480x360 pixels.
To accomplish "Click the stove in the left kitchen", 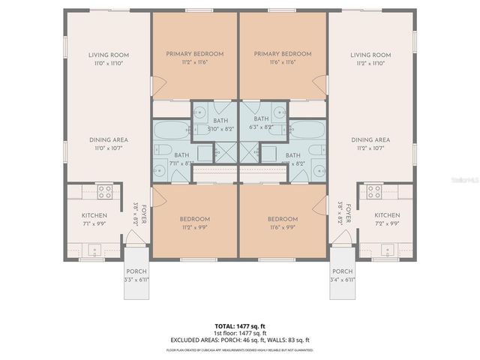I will [104, 192].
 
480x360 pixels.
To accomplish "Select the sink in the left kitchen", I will [94, 250].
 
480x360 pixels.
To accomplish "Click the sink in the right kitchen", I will [386, 250].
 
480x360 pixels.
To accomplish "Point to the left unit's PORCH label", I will [136, 271].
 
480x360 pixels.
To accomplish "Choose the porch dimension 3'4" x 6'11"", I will [343, 280].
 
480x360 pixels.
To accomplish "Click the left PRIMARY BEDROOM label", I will [194, 54].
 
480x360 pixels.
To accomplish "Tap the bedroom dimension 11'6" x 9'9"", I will [283, 228].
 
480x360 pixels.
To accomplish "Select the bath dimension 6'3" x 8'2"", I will [261, 128].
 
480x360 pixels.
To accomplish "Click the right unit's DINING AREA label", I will [370, 139].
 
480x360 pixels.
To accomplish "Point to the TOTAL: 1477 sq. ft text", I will [240, 325].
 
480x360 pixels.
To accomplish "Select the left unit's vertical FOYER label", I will [142, 216].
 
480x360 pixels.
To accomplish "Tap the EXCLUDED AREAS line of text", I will [240, 340].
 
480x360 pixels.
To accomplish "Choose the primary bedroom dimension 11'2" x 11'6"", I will [194, 62].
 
